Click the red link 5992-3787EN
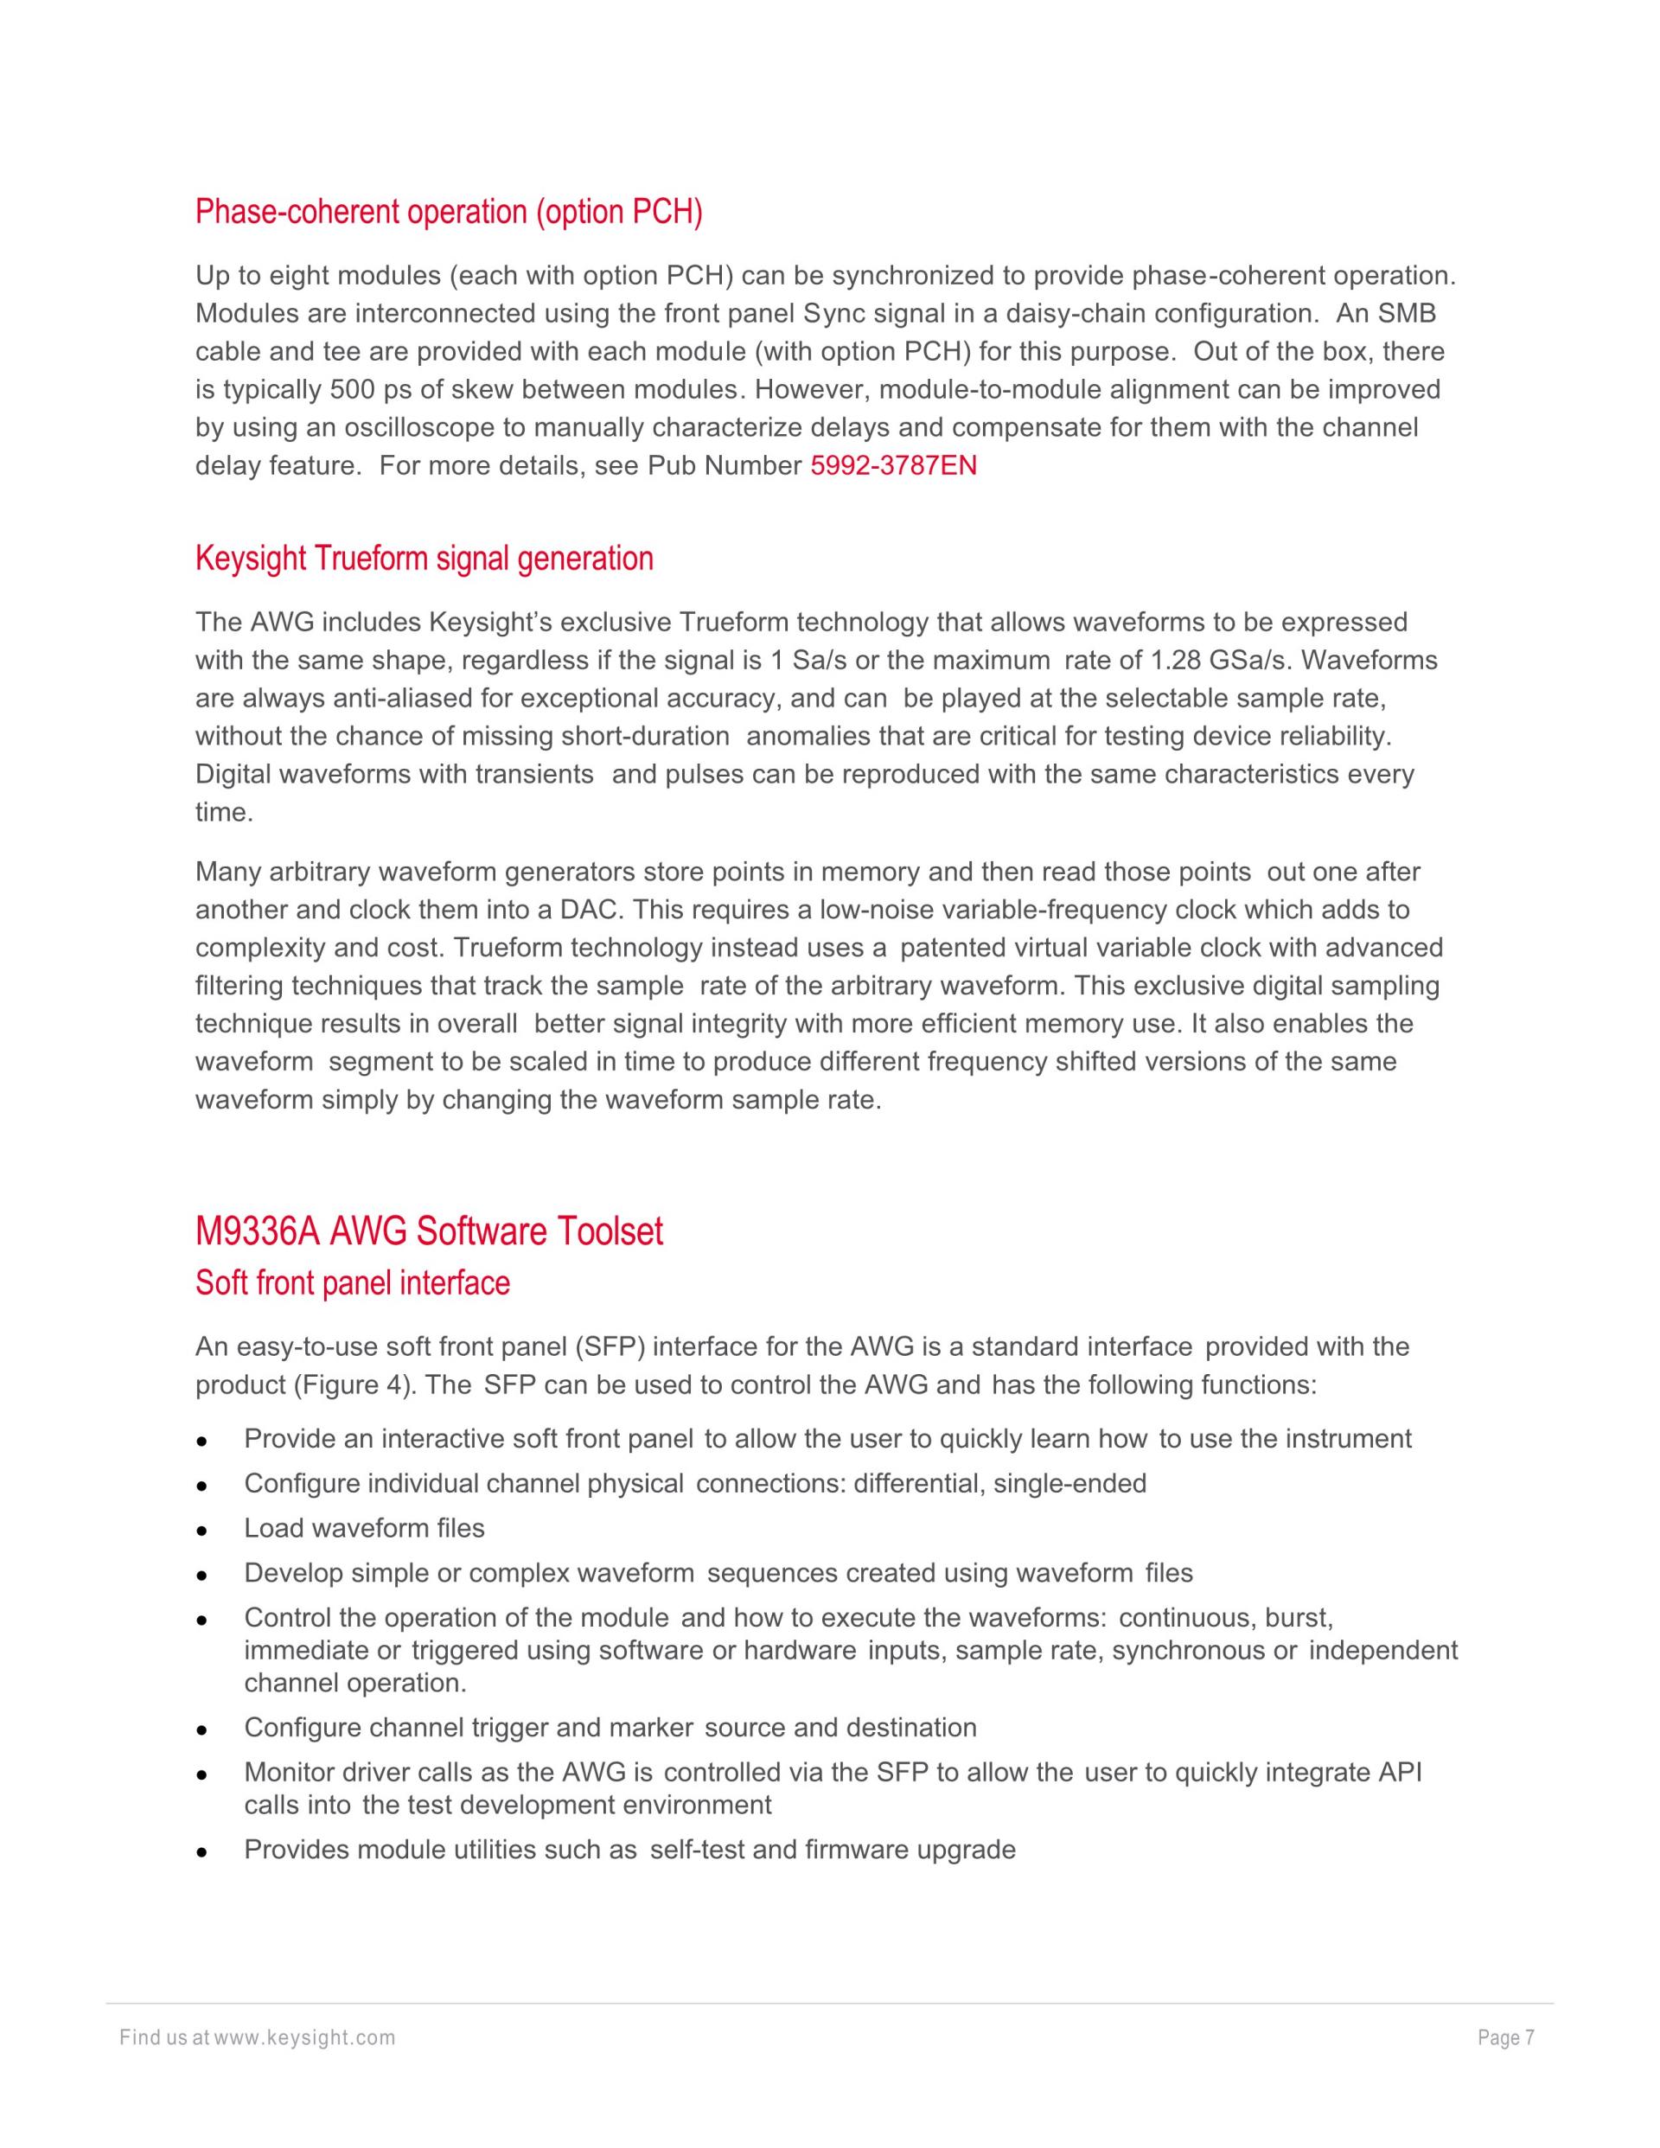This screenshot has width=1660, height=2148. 893,465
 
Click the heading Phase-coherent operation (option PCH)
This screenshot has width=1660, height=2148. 449,212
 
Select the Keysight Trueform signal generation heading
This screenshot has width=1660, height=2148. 424,559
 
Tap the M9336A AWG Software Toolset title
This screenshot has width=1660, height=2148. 429,1231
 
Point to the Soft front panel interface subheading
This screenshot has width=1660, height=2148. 352,1283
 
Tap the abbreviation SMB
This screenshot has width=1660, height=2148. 1407,314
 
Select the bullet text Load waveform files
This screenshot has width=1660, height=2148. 364,1527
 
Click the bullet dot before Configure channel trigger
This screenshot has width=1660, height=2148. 201,1729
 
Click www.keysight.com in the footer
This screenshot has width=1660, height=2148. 305,2038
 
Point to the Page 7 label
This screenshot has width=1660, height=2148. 1505,2038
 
